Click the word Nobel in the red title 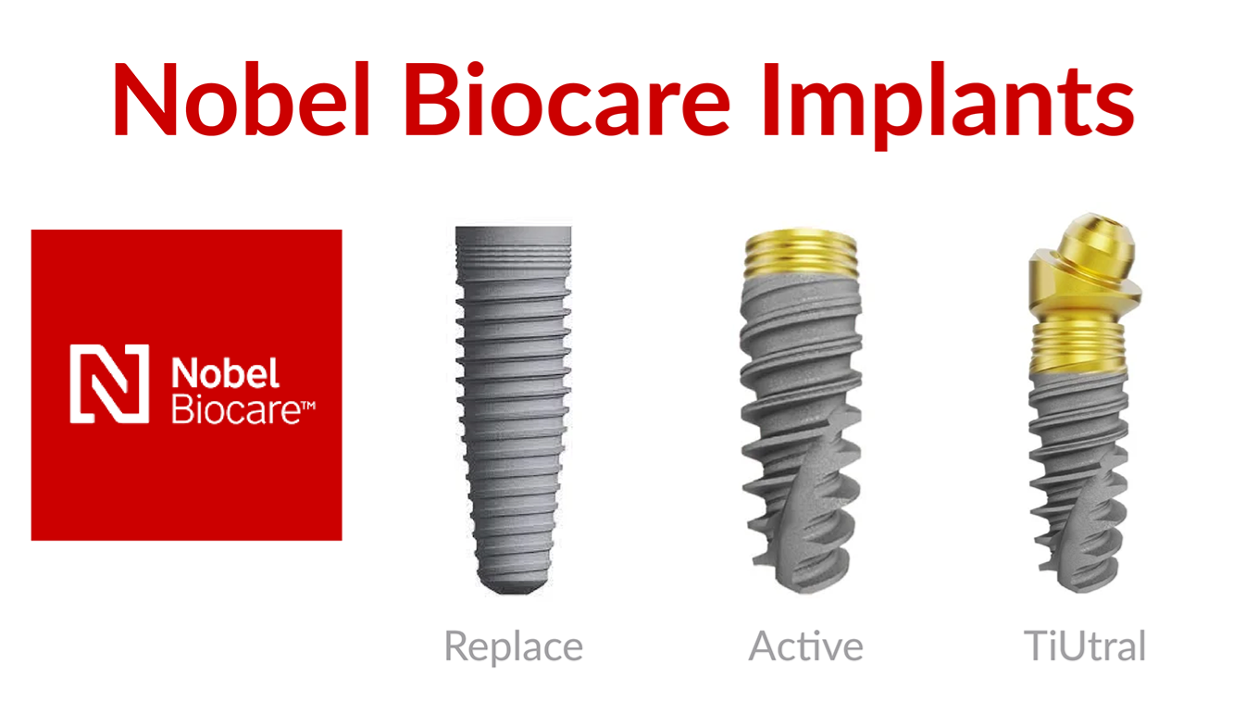[242, 98]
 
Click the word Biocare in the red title [568, 98]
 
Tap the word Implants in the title [949, 106]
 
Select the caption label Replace [514, 647]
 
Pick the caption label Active [806, 645]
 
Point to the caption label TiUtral [1085, 645]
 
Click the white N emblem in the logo [109, 384]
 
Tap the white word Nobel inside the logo [225, 372]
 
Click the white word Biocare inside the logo [236, 409]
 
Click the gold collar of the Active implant [801, 254]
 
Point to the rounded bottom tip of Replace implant [513, 587]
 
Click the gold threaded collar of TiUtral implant [1078, 348]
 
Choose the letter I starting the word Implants [771, 98]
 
